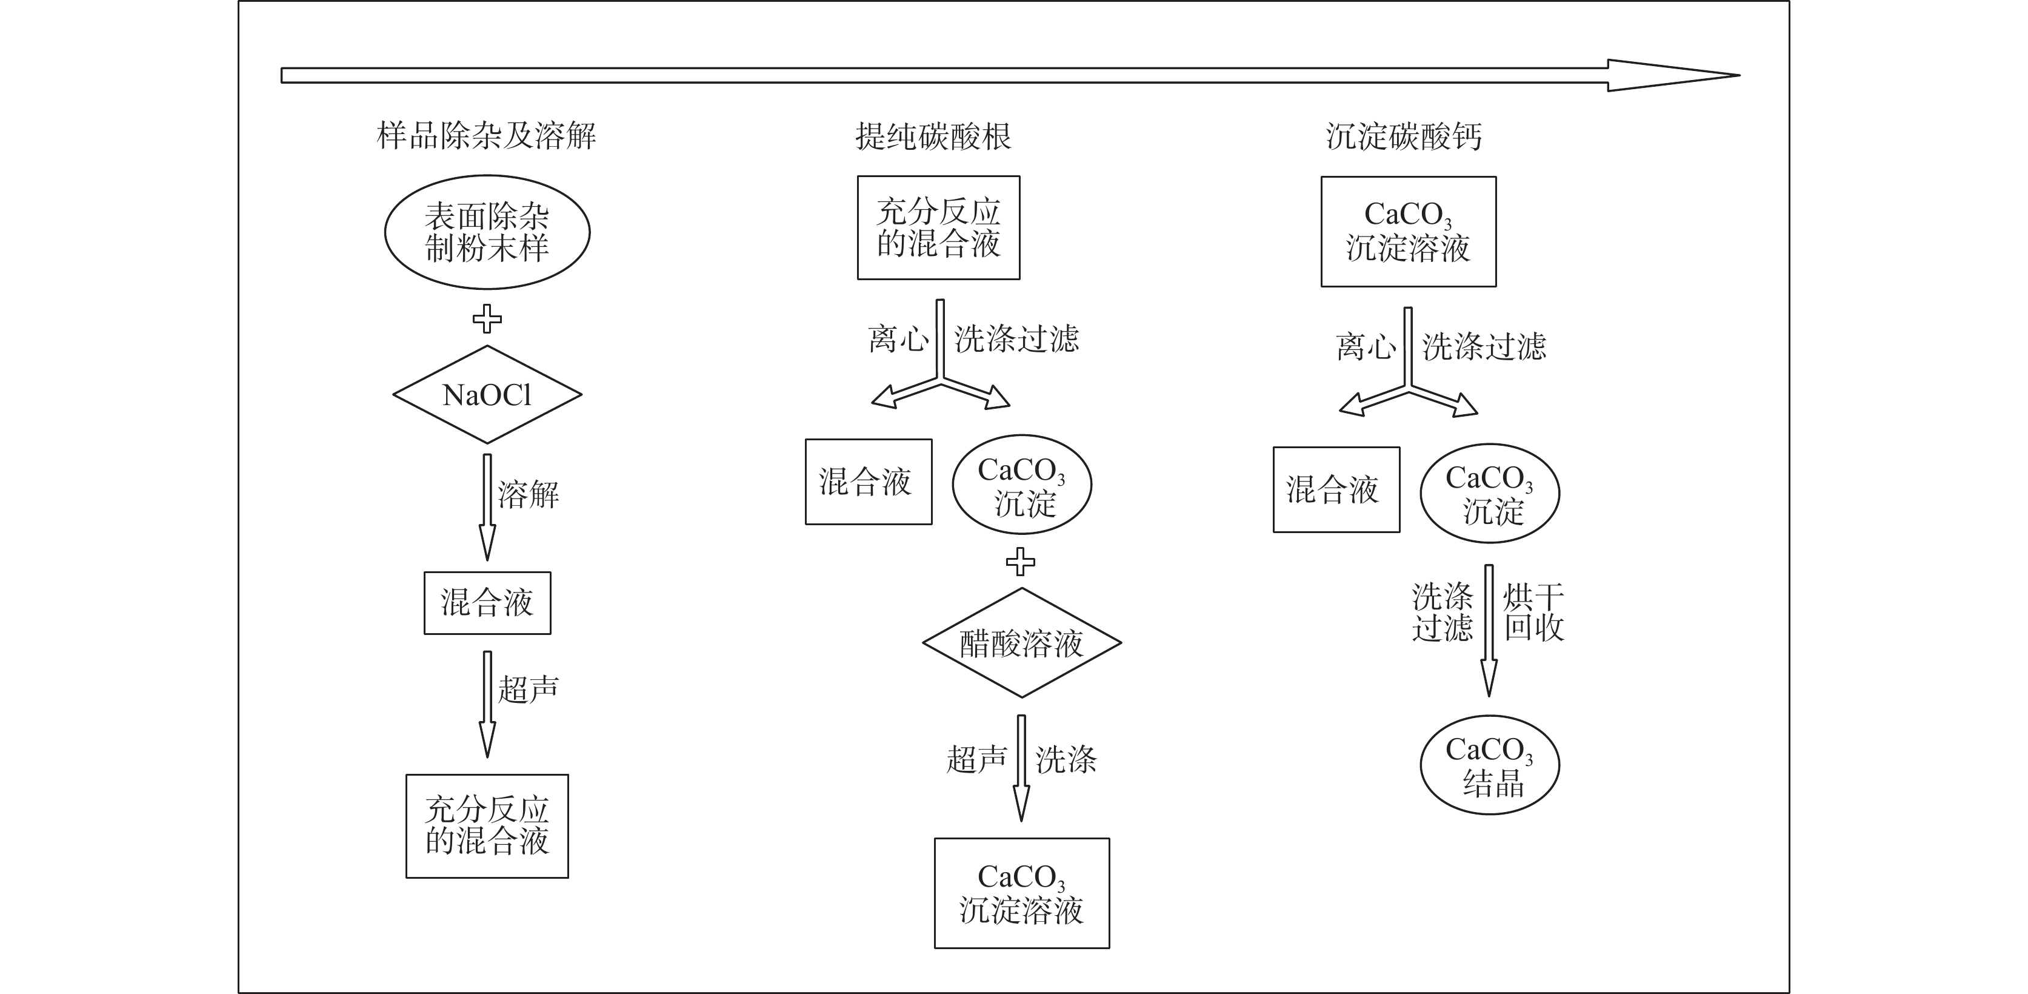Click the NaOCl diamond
(487, 395)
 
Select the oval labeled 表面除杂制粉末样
(487, 232)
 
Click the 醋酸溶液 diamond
(1021, 643)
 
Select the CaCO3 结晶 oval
(1490, 765)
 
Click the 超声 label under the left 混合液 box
(529, 689)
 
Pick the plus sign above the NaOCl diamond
(487, 319)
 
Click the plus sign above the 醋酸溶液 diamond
(1021, 562)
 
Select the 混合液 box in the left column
(487, 603)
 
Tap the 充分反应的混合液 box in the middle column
(938, 227)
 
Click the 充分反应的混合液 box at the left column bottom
(487, 825)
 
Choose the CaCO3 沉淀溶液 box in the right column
(1409, 232)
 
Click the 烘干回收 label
(1533, 612)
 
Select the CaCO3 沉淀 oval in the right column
(1490, 494)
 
